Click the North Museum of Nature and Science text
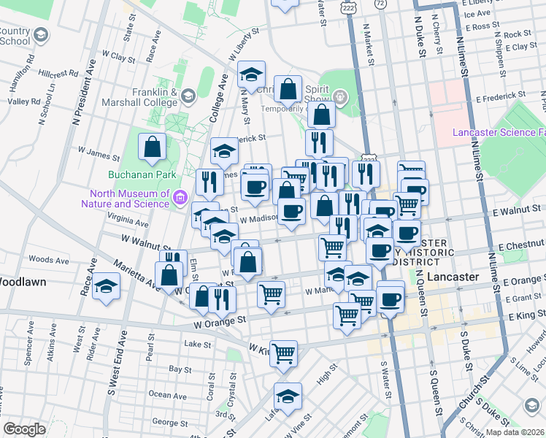click(x=128, y=199)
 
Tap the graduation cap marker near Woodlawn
click(x=107, y=286)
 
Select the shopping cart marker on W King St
click(x=283, y=353)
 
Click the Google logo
click(x=23, y=429)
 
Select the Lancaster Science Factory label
click(x=499, y=132)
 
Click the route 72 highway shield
click(x=380, y=4)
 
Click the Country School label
click(x=15, y=36)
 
